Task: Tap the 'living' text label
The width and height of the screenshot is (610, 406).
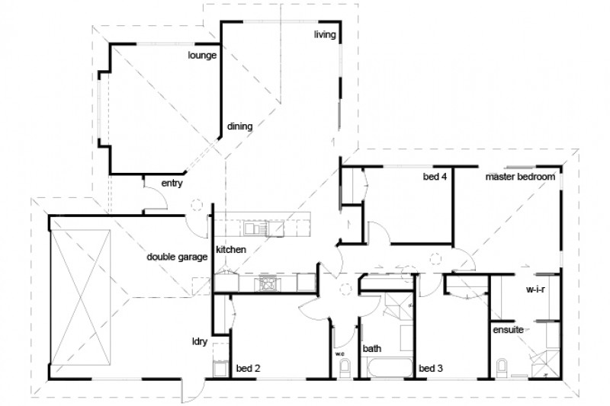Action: coord(326,35)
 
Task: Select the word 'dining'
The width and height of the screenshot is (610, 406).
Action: coord(239,126)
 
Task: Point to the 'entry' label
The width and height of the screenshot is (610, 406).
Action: coord(172,184)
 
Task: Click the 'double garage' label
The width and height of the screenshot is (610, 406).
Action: coord(178,257)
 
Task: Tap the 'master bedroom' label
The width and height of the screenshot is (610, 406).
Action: coord(520,177)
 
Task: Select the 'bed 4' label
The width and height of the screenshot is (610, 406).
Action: coord(434,177)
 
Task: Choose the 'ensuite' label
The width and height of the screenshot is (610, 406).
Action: coord(507,331)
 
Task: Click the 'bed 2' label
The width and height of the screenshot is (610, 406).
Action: coord(249,369)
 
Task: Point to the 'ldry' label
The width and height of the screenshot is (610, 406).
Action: coord(201,341)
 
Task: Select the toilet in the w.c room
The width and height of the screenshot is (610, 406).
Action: coord(343,369)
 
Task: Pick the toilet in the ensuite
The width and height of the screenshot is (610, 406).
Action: coord(501,369)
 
